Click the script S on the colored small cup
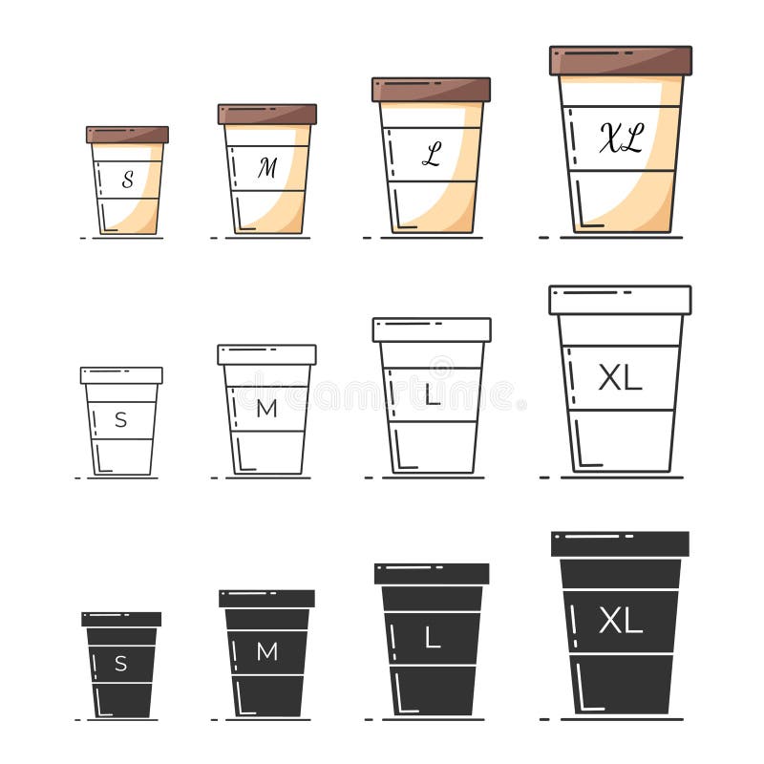click(x=127, y=178)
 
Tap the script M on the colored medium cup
click(x=266, y=168)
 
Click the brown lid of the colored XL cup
click(x=621, y=60)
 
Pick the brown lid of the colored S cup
click(x=127, y=135)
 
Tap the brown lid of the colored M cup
click(x=266, y=115)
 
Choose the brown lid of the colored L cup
click(x=431, y=90)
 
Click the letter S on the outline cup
click(x=120, y=419)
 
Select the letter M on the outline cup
click(x=266, y=409)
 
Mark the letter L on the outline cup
click(x=433, y=394)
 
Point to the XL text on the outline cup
click(x=620, y=378)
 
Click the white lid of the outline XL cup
click(x=620, y=300)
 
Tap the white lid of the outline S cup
click(x=121, y=375)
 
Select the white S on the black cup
click(x=120, y=664)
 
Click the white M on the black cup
click(x=266, y=652)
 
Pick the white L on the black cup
click(x=433, y=639)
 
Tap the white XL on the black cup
click(x=620, y=622)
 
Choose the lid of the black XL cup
click(x=620, y=544)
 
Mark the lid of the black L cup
click(x=432, y=574)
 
